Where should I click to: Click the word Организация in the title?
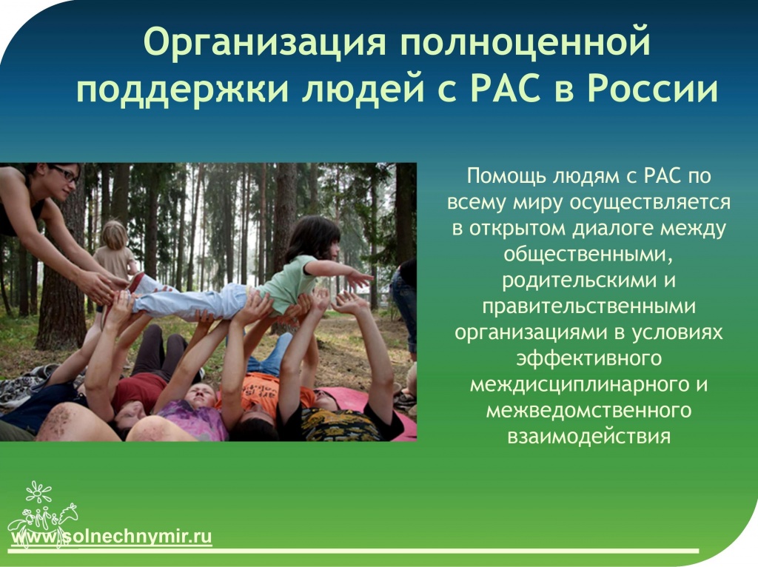tap(265, 42)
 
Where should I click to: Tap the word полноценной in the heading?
tap(526, 42)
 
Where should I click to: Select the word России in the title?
tap(653, 90)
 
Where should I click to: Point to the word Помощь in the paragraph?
tap(506, 176)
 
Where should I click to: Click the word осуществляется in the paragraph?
tap(650, 203)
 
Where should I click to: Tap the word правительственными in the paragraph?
tap(588, 307)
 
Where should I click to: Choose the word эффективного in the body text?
tap(588, 359)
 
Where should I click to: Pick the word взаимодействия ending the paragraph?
tap(588, 437)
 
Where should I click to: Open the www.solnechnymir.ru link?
tap(112, 537)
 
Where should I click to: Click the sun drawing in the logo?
tap(38, 492)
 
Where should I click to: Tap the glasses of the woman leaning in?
tap(66, 174)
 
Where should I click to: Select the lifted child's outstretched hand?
tap(360, 279)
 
